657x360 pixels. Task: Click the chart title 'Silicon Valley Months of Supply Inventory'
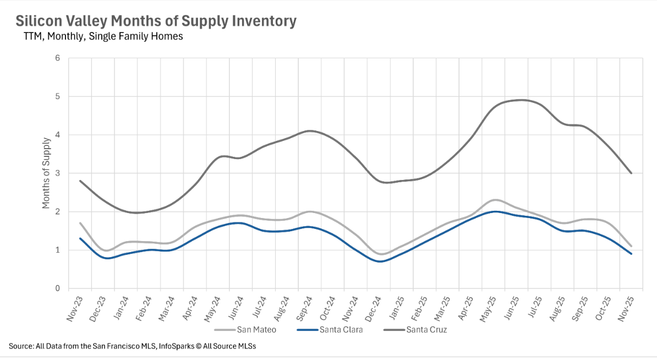coord(156,21)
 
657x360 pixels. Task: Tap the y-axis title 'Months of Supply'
coord(46,173)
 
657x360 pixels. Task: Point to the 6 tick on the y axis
coord(57,58)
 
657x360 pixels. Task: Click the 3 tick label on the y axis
coord(57,173)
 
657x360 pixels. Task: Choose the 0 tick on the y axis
coord(57,288)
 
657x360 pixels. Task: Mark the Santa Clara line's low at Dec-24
coord(380,261)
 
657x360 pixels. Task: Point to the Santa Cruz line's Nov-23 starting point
coord(80,181)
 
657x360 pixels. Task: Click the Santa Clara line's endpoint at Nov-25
coord(631,254)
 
